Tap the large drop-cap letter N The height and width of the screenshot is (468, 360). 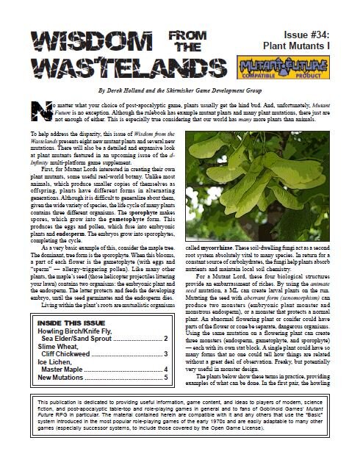(x=39, y=108)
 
